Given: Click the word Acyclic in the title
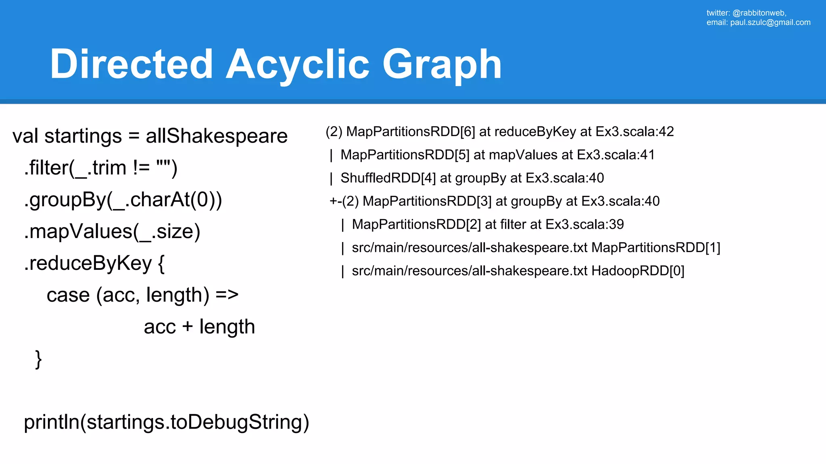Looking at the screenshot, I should coord(297,64).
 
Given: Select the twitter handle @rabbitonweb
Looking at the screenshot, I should coord(759,13).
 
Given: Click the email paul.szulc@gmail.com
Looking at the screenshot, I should coord(770,23).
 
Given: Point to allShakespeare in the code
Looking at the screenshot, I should coord(217,136).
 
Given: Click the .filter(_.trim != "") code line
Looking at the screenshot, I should coord(101,168).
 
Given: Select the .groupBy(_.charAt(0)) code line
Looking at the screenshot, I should coord(123,199).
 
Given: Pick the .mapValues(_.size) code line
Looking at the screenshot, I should coord(112,231).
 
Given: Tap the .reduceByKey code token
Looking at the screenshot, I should coord(88,263).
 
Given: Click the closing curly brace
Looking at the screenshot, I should coord(38,359).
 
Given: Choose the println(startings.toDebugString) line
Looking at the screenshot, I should coord(167,422).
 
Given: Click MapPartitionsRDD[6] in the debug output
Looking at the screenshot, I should coord(411,132).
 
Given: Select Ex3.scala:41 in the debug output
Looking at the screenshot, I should coord(615,155).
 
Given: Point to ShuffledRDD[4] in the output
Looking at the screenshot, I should coord(388,178).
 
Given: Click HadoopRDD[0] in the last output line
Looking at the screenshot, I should coord(638,271).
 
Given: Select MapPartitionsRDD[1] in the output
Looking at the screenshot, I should coord(655,248).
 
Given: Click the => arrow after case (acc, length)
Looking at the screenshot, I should coord(227,295).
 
